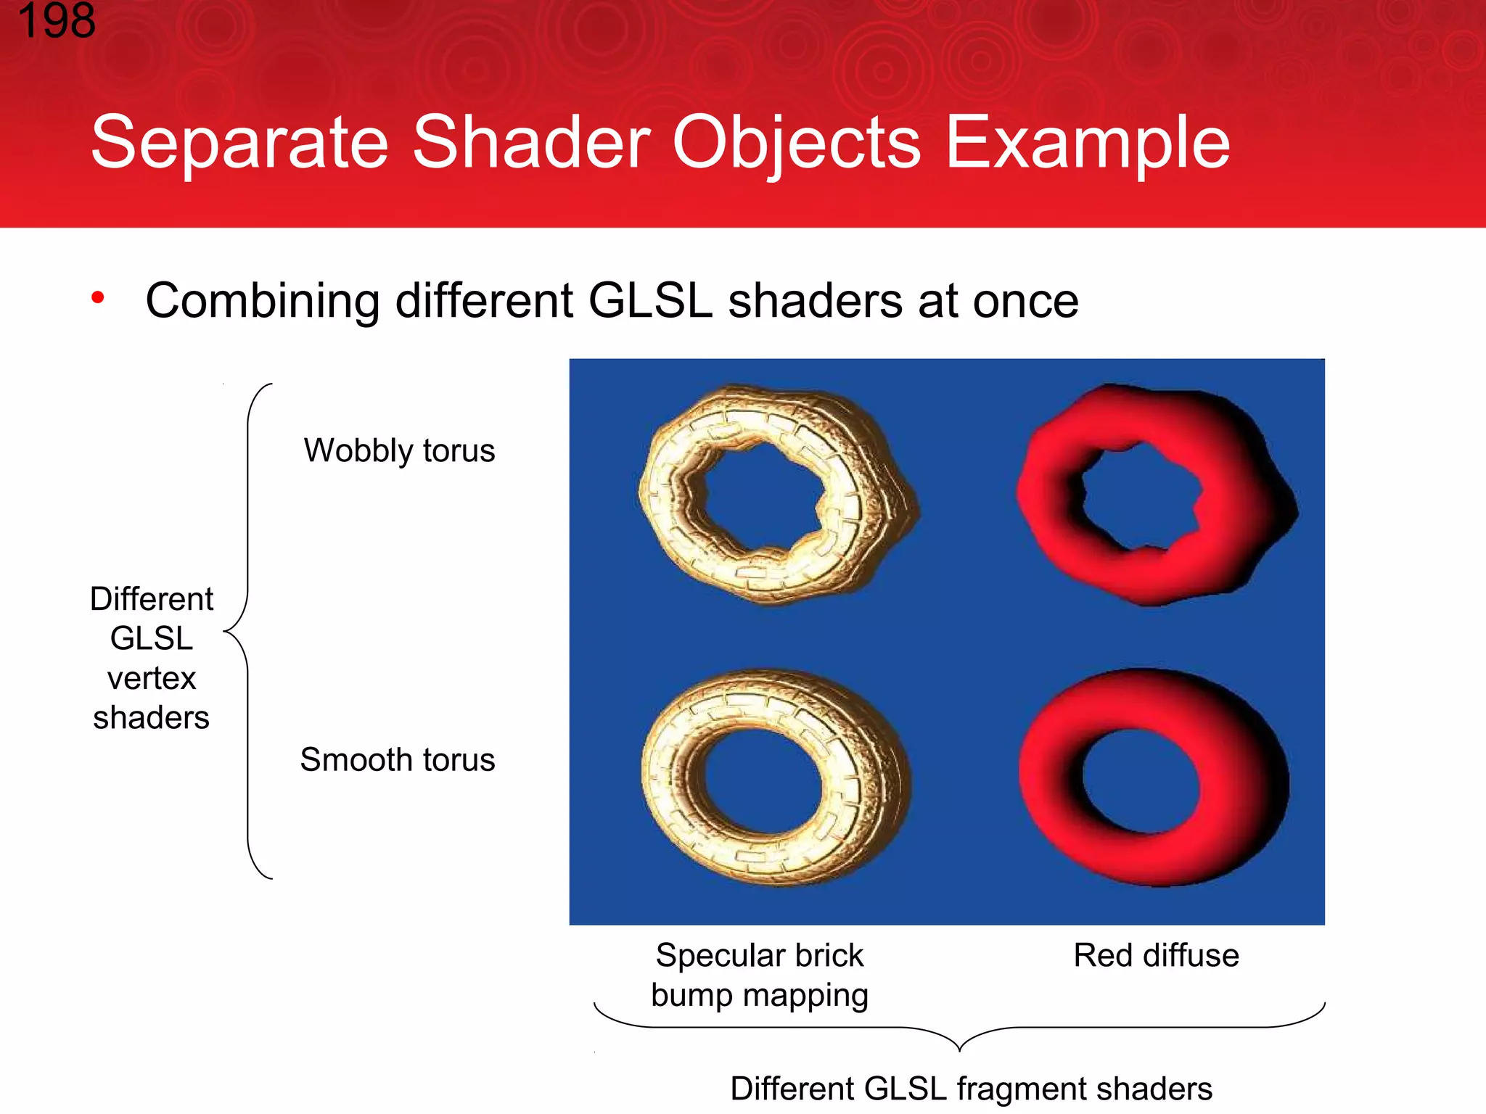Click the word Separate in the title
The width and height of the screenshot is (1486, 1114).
click(239, 143)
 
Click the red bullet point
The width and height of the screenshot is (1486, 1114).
click(98, 297)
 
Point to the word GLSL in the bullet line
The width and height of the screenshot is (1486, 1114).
click(650, 300)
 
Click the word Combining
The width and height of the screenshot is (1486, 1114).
click(263, 302)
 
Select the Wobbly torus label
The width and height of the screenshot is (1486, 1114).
click(399, 450)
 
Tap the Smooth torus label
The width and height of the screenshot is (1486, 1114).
click(397, 760)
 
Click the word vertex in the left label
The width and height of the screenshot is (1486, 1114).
click(152, 678)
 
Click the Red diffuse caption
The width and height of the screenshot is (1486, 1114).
click(1156, 955)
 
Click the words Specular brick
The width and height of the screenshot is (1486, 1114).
click(759, 955)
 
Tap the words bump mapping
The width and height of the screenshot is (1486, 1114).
click(759, 995)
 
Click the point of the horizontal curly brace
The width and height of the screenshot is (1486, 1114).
click(959, 1049)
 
